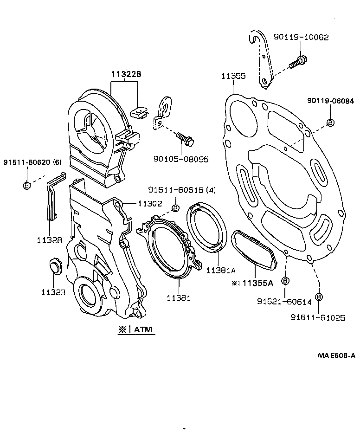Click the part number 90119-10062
click(307, 37)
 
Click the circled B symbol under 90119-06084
click(330, 123)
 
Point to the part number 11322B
click(125, 74)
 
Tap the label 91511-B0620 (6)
click(32, 162)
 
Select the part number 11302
click(149, 203)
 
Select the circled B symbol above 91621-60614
click(285, 281)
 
